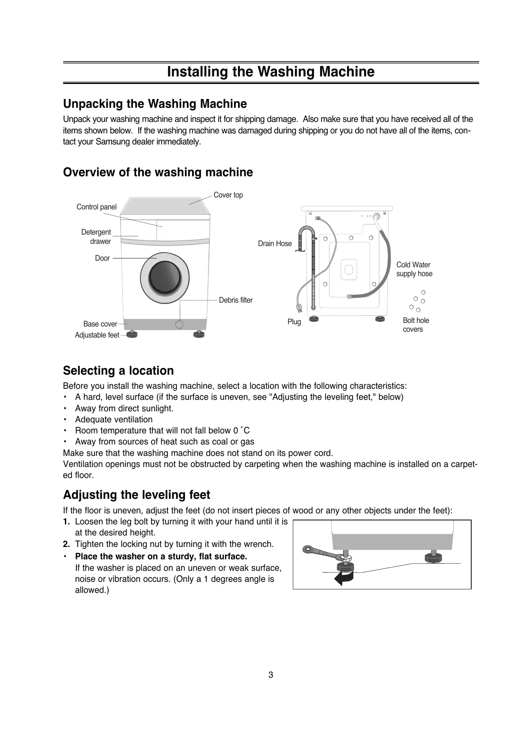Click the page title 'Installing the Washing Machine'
click(x=270, y=72)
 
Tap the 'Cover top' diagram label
click(x=228, y=195)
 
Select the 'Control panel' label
click(x=96, y=207)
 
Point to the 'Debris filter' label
click(x=235, y=300)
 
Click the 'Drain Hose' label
click(x=275, y=243)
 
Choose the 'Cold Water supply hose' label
click(x=414, y=269)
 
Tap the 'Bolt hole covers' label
click(x=416, y=325)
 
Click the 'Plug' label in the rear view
click(x=294, y=322)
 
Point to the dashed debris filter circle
click(x=179, y=325)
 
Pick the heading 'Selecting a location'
click(x=118, y=371)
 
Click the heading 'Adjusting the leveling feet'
click(x=136, y=494)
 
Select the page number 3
click(x=271, y=675)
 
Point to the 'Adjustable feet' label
click(x=97, y=335)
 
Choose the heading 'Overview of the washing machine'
click(x=158, y=172)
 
